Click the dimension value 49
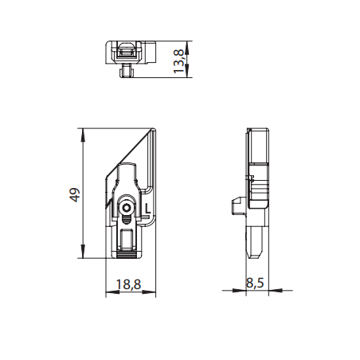74,195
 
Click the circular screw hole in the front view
126,208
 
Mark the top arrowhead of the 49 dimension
84,132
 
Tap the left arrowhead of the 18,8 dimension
108,292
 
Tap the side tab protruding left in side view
237,205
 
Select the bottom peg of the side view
256,242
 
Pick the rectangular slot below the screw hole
126,237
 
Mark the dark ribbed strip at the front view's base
126,252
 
